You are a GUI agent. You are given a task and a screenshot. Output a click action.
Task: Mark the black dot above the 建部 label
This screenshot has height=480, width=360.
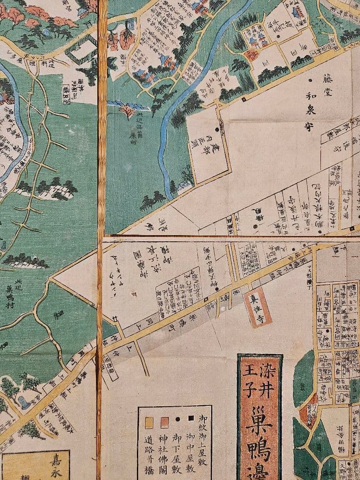point(217,130)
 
